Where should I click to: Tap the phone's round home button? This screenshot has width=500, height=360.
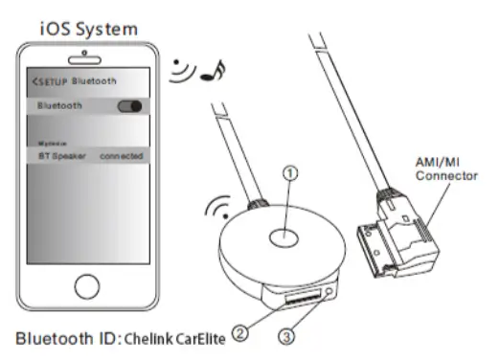[87, 286]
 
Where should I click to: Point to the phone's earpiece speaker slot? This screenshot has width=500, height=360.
[87, 57]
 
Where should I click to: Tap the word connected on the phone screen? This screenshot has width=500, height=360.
[121, 155]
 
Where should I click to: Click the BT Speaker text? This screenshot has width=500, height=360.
[57, 155]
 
